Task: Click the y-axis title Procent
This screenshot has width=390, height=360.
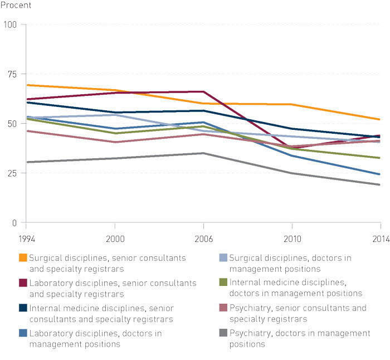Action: coord(15,6)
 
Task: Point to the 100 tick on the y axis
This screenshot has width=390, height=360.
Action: coord(11,25)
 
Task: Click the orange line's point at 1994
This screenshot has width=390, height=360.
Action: coord(26,85)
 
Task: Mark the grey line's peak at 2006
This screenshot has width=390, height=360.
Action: coord(203,153)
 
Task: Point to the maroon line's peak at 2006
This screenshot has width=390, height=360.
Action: coord(203,91)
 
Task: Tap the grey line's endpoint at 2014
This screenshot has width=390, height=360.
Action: coord(380,185)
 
